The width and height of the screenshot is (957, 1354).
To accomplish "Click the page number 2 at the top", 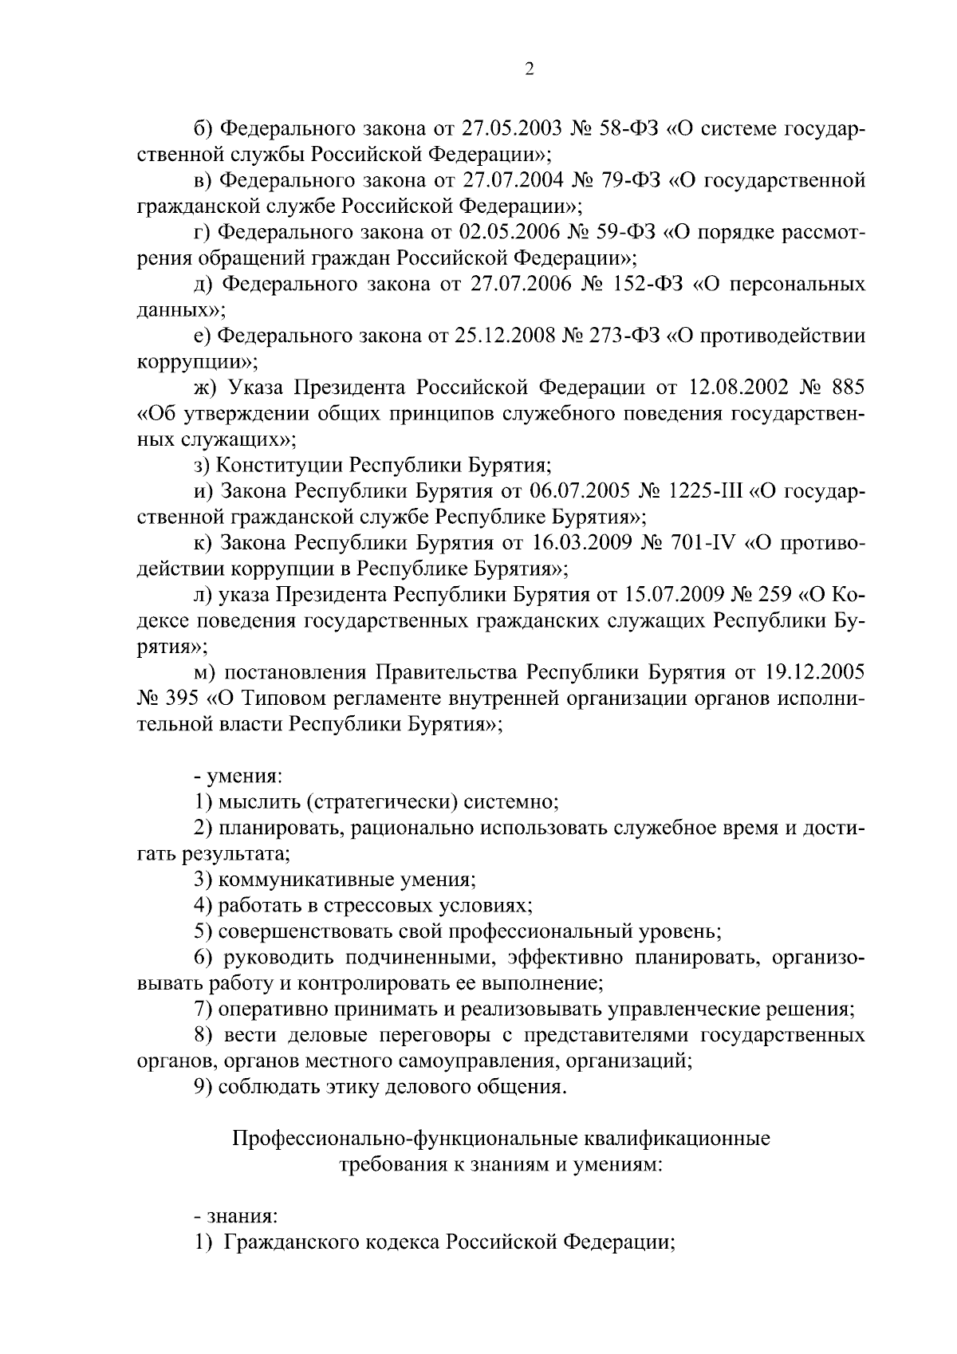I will coord(529,70).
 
